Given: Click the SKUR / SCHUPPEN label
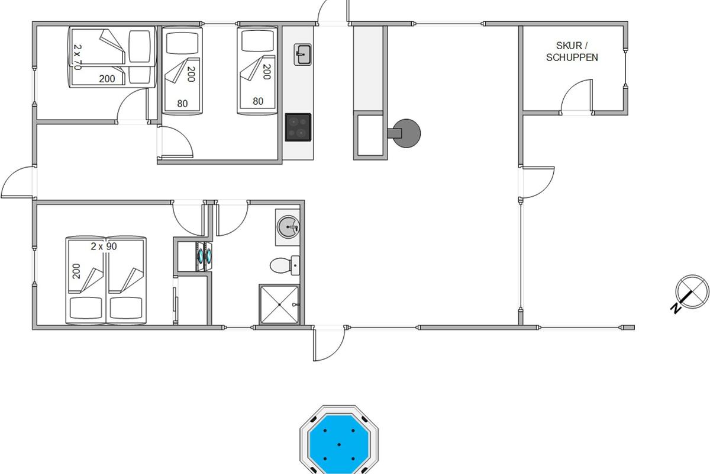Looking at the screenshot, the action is click(x=572, y=52).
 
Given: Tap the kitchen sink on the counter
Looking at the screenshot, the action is click(x=302, y=55).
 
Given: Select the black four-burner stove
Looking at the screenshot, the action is click(x=298, y=127).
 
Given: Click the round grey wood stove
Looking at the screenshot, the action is click(x=405, y=133).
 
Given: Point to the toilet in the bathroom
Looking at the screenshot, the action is click(x=285, y=265).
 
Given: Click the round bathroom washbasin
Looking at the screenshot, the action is click(x=288, y=227).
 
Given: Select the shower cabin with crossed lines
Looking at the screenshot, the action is click(x=279, y=305).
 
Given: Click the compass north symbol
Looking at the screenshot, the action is click(x=692, y=292).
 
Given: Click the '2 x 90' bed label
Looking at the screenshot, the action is click(x=104, y=246).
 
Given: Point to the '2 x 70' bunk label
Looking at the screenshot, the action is click(x=78, y=57).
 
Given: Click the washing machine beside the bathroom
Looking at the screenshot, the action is click(x=204, y=257).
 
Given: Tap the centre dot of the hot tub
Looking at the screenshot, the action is click(x=339, y=444).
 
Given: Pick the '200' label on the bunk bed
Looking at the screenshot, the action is click(x=107, y=79).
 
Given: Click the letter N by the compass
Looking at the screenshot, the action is click(x=676, y=308).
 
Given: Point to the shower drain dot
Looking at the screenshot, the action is click(x=279, y=305).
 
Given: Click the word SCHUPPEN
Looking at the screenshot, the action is click(x=572, y=57).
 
